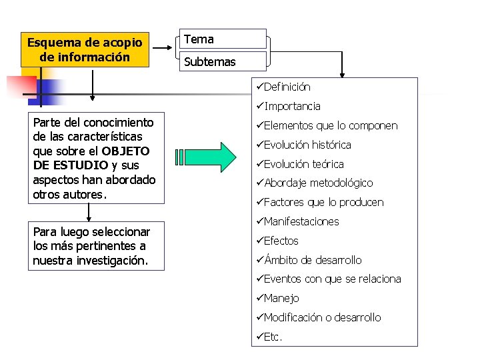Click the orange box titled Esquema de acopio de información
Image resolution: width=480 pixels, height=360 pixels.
point(85,50)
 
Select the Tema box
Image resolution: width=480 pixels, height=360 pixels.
point(223,39)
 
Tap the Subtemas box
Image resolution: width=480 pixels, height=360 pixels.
point(223,62)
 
